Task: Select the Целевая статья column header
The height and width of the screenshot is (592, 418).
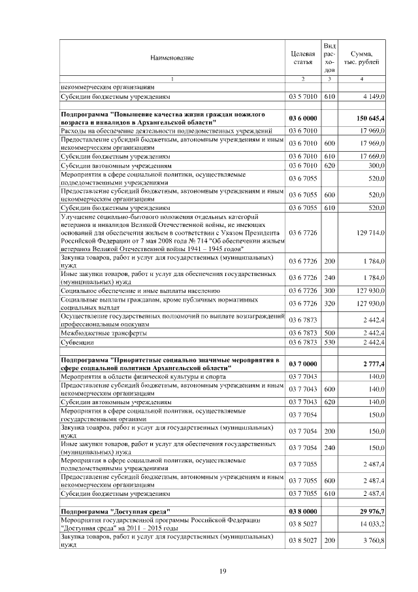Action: click(x=302, y=58)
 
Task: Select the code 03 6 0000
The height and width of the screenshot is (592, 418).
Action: click(x=302, y=118)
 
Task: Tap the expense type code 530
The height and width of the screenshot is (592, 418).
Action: click(x=329, y=342)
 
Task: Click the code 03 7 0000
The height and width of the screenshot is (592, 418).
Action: click(x=302, y=363)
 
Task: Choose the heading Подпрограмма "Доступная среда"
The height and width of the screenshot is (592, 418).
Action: click(x=115, y=511)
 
